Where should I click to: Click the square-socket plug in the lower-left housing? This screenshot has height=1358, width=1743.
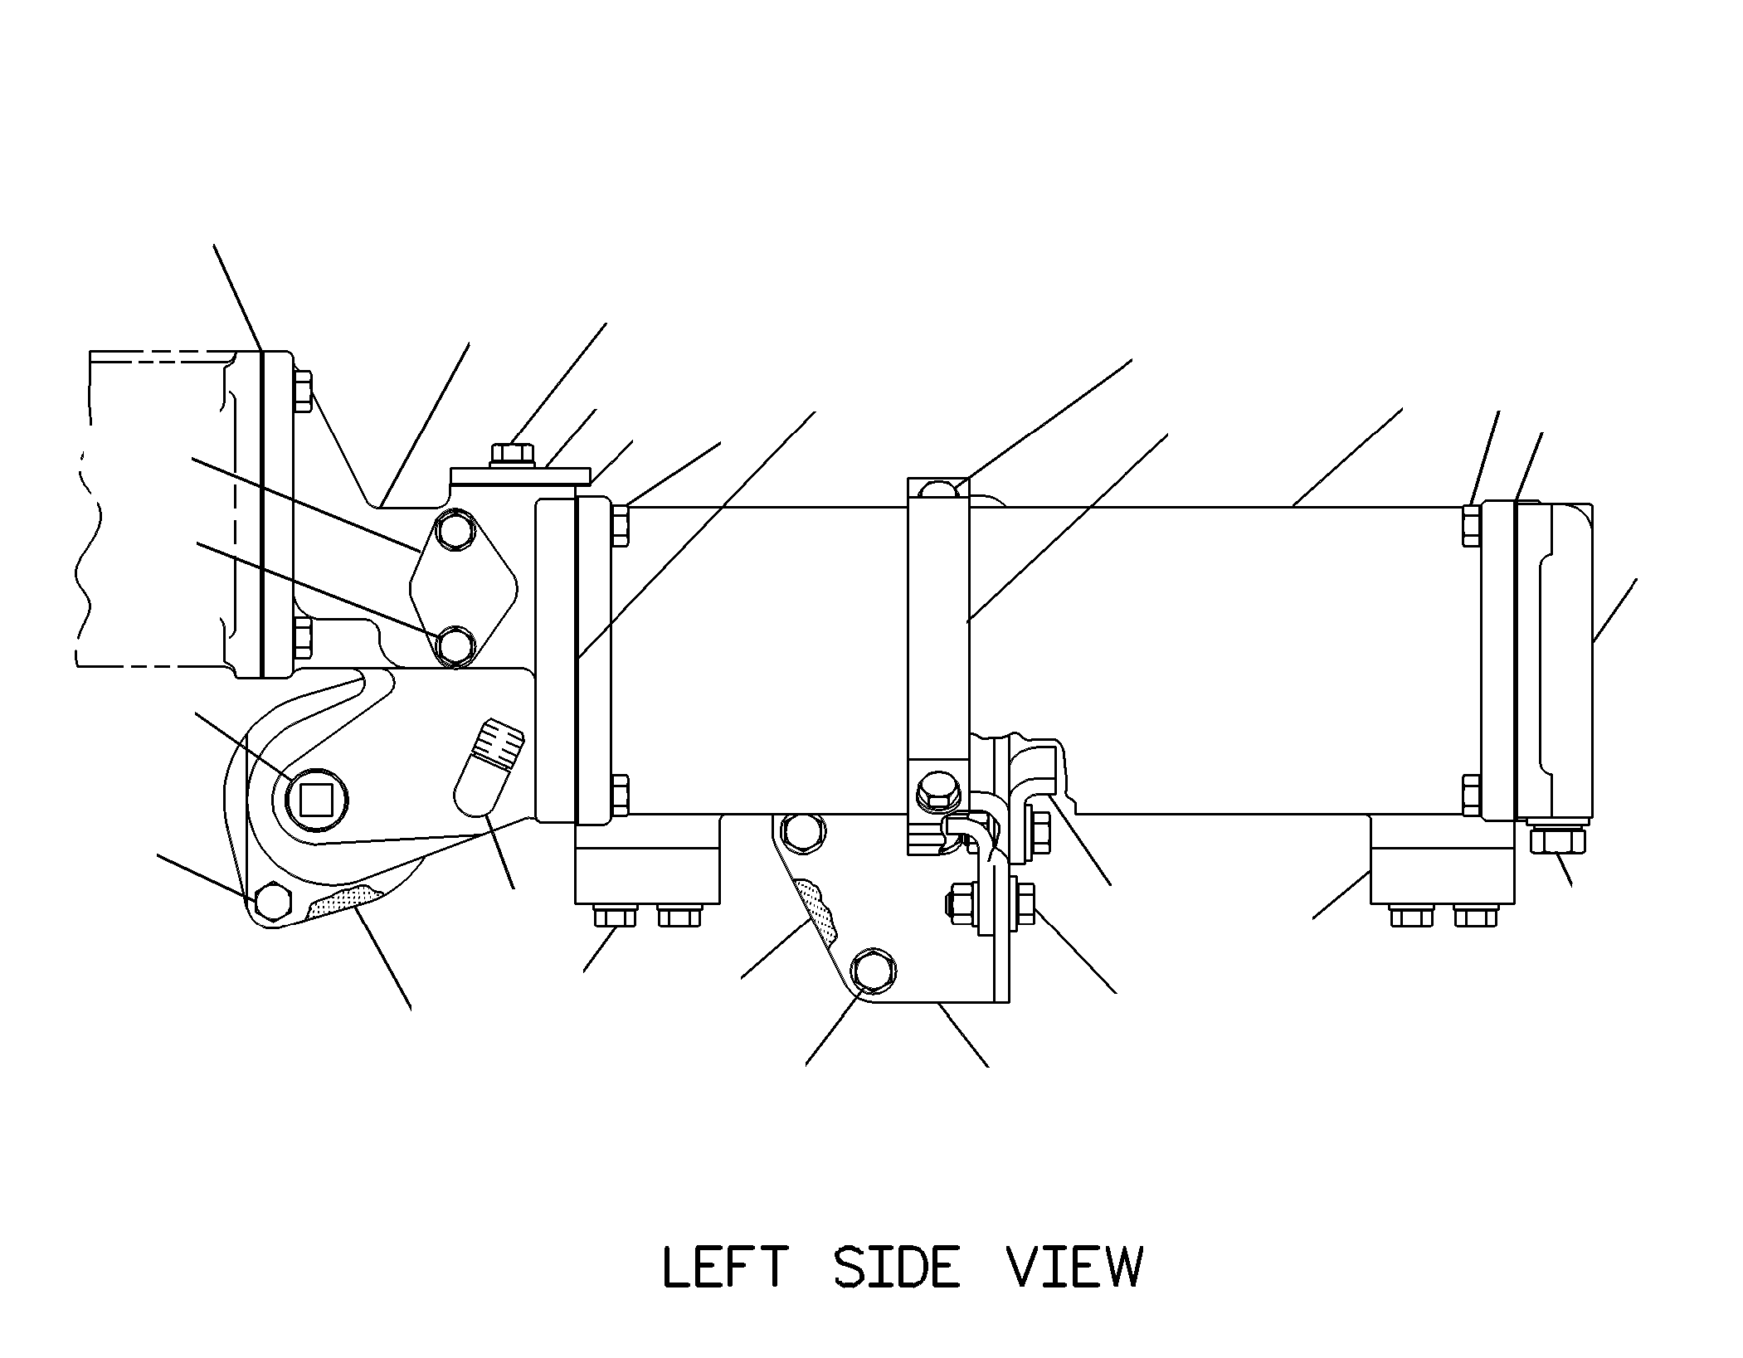point(315,800)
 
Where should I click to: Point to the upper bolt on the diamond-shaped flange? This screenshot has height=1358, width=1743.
point(455,533)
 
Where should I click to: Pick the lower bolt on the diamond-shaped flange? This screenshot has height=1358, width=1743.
point(455,645)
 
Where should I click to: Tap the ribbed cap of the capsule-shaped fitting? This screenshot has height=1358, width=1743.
point(499,741)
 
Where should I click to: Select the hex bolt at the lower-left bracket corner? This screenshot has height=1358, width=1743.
point(272,900)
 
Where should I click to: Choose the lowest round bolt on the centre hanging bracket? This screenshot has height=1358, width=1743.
point(874,969)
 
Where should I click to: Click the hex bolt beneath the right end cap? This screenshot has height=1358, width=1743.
point(1556,840)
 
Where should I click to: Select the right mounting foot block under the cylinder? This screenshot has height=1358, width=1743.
point(1442,859)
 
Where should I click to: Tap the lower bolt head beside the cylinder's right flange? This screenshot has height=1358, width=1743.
point(1472,796)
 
